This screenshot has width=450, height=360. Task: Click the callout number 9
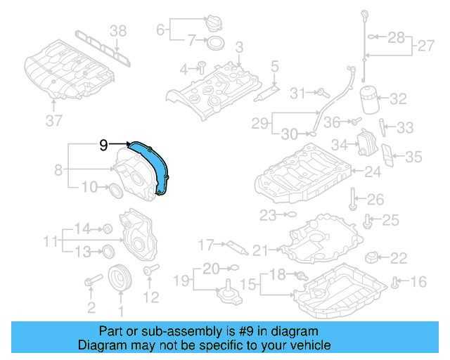click(x=103, y=146)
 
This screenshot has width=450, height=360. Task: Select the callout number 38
click(x=119, y=30)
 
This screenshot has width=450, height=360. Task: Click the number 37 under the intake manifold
click(x=54, y=120)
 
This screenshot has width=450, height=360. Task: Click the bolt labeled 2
click(x=90, y=283)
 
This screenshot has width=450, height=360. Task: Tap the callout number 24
click(x=372, y=170)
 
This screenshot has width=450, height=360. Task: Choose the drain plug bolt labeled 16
click(x=395, y=283)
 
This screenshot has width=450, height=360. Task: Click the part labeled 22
click(x=374, y=257)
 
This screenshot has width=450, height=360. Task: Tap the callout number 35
click(x=414, y=157)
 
